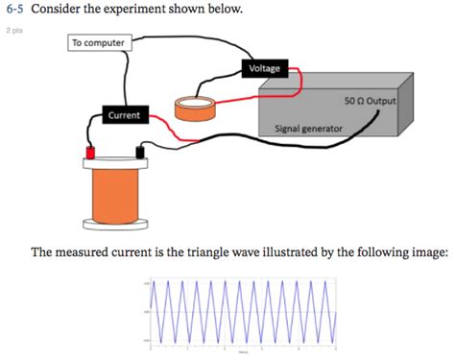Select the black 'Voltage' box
(265, 68)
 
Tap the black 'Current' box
(123, 115)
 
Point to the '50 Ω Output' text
(369, 101)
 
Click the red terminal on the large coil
(91, 153)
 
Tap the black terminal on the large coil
(141, 153)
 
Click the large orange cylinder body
(116, 194)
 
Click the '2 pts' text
(12, 30)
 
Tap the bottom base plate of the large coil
(116, 226)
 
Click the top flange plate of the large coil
(116, 164)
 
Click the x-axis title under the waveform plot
(245, 353)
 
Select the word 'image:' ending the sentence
(426, 253)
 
